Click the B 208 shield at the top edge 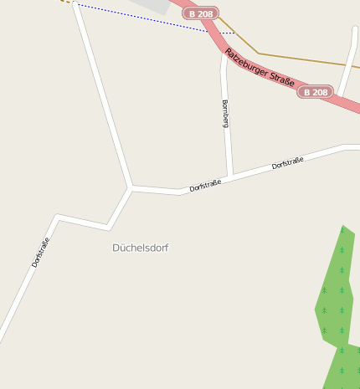201,13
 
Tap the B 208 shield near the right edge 315,92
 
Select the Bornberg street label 225,114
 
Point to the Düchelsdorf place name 141,248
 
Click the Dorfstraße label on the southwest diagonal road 41,252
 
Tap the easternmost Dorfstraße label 288,162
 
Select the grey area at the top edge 155,6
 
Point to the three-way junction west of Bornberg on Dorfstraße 131,187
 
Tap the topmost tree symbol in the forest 342,230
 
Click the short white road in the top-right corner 348,63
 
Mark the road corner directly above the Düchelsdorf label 109,227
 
